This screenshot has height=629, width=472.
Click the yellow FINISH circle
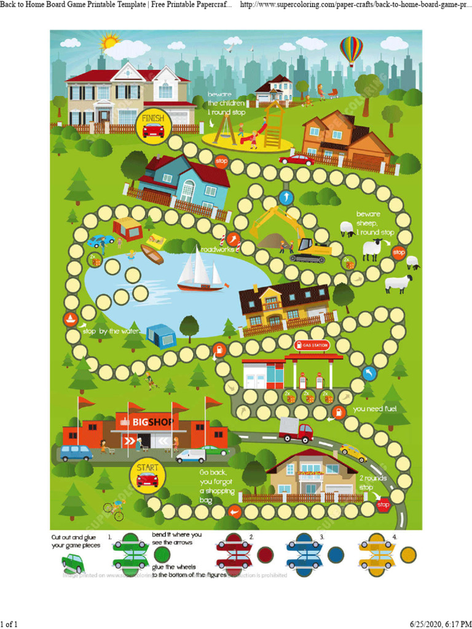[153, 127]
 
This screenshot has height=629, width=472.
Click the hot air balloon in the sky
[351, 49]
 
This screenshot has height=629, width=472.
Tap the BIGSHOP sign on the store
[147, 421]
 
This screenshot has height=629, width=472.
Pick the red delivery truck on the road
[296, 430]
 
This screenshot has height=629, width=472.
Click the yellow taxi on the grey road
[353, 453]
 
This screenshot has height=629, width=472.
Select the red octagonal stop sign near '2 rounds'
[383, 505]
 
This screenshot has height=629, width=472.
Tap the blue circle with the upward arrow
[286, 197]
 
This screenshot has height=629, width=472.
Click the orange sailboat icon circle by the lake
[71, 319]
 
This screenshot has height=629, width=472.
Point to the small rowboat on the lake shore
[152, 254]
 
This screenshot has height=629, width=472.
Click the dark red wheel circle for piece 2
[265, 555]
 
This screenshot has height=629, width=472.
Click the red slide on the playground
[256, 135]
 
